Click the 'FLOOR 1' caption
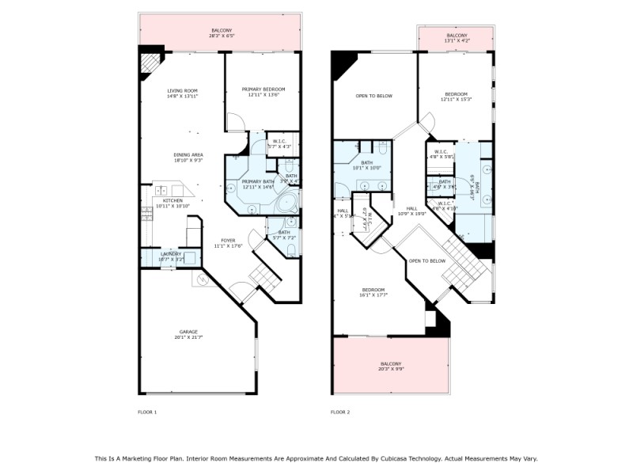pos(147,412)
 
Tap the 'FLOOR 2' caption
pos(339,412)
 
